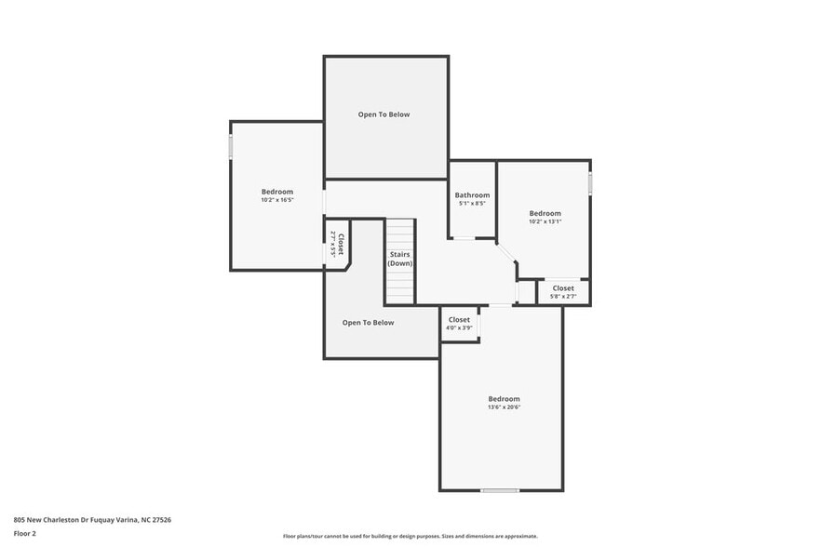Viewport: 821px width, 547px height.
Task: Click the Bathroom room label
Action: pyautogui.click(x=472, y=195)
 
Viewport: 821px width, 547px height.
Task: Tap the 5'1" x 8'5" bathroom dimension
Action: pyautogui.click(x=472, y=204)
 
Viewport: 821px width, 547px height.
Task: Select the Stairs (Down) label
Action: pyautogui.click(x=400, y=259)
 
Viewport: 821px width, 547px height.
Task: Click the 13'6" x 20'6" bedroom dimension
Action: pyautogui.click(x=504, y=407)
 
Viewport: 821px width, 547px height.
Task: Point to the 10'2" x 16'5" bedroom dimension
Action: pyautogui.click(x=277, y=200)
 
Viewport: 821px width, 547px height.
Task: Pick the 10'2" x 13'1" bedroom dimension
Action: pyautogui.click(x=545, y=221)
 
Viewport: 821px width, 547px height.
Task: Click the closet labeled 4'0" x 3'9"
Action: pyautogui.click(x=459, y=324)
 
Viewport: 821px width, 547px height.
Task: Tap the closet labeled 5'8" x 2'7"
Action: pyautogui.click(x=563, y=292)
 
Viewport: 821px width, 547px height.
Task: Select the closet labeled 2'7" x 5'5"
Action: pyautogui.click(x=337, y=245)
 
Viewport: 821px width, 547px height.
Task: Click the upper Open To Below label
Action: pyautogui.click(x=384, y=114)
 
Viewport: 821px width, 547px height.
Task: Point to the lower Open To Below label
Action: pyautogui.click(x=368, y=323)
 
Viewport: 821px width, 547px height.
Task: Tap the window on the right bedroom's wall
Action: pyautogui.click(x=590, y=182)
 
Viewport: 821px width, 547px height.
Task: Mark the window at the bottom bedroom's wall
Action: pyautogui.click(x=500, y=490)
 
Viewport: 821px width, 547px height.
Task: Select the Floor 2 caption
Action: pyautogui.click(x=24, y=534)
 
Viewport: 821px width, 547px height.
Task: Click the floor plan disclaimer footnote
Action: pyautogui.click(x=410, y=536)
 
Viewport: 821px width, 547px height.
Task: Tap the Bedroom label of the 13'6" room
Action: pyautogui.click(x=504, y=398)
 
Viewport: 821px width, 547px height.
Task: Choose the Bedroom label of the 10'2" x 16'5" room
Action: pyautogui.click(x=277, y=192)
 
